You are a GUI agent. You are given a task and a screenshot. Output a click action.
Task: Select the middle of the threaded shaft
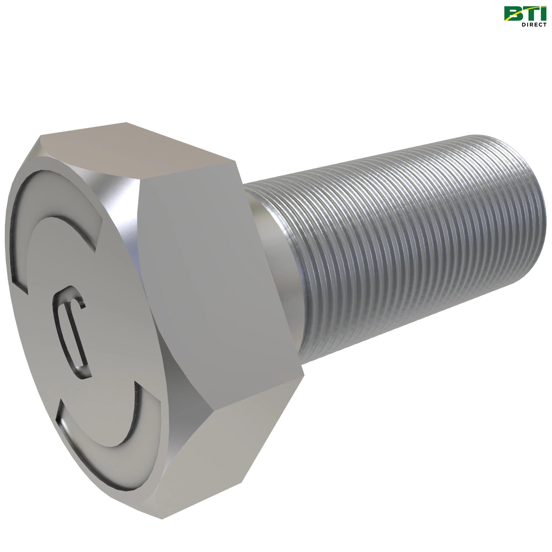[x=400, y=257]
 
